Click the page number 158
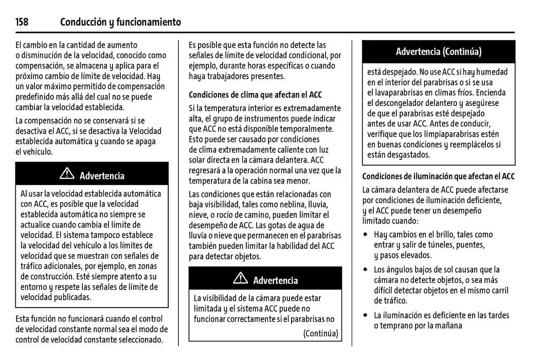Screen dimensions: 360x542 pyautogui.click(x=22, y=22)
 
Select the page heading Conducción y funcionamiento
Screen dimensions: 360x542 pyautogui.click(x=120, y=22)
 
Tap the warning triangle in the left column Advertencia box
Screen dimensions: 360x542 pyautogui.click(x=67, y=174)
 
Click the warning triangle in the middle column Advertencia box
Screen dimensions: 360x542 pyautogui.click(x=240, y=279)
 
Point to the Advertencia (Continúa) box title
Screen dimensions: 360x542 pyautogui.click(x=438, y=51)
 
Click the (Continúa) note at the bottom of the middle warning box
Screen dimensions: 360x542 pyautogui.click(x=320, y=333)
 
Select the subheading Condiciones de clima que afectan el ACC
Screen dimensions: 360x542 pyautogui.click(x=255, y=95)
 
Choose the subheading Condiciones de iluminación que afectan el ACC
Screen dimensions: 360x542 pyautogui.click(x=438, y=176)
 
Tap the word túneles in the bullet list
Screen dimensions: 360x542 pyautogui.click(x=449, y=245)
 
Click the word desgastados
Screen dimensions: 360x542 pyautogui.click(x=406, y=155)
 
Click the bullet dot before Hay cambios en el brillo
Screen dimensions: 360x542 pyautogui.click(x=365, y=235)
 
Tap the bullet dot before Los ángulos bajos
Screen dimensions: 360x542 pyautogui.click(x=365, y=269)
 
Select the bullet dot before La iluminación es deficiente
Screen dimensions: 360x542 pyautogui.click(x=365, y=315)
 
